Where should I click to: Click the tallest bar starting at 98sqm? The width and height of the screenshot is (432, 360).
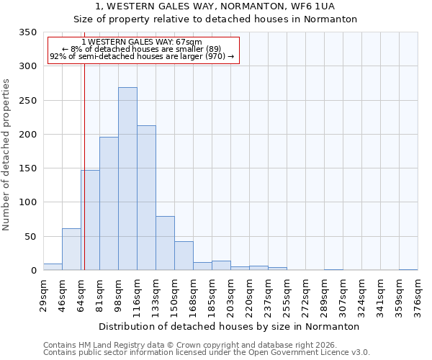pyautogui.click(x=127, y=179)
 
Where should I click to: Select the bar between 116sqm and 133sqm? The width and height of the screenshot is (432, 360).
pyautogui.click(x=146, y=198)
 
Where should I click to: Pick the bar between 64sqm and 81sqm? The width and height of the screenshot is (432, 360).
pyautogui.click(x=90, y=220)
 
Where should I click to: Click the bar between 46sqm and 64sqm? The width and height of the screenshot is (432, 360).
pyautogui.click(x=71, y=249)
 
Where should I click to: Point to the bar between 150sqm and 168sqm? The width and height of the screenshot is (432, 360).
pyautogui.click(x=184, y=256)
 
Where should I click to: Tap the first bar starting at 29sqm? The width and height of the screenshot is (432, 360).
pyautogui.click(x=53, y=266)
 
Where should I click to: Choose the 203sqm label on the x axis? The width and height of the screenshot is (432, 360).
pyautogui.click(x=230, y=295)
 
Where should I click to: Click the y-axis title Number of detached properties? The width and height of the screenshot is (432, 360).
pyautogui.click(x=6, y=155)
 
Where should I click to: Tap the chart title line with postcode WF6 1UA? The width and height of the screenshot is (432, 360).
pyautogui.click(x=215, y=6)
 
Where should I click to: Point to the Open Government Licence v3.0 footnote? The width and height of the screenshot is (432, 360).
pyautogui.click(x=207, y=352)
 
